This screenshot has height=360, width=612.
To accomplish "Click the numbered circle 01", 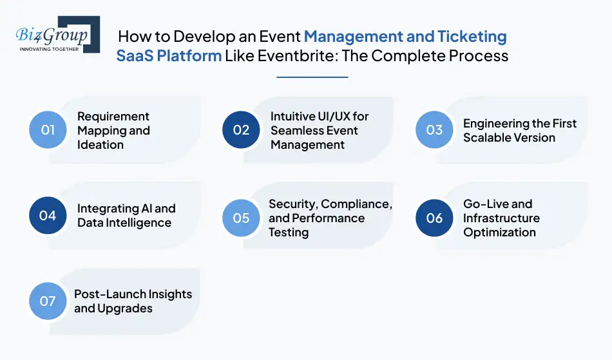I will tap(48, 129).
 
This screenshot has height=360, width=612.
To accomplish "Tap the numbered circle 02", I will tap(241, 129).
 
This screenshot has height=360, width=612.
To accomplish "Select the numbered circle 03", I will tap(434, 129).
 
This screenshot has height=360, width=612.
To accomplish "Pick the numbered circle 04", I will tap(48, 215).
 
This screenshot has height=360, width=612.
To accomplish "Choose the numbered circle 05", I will tap(241, 217).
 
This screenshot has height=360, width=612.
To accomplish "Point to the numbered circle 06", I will tap(434, 217).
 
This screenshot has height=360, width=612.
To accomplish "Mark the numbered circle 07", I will tap(48, 301).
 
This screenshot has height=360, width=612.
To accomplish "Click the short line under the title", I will tap(312, 77).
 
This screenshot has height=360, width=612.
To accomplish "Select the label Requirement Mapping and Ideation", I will tap(113, 130).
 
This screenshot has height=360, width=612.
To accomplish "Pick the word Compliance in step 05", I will tap(356, 204).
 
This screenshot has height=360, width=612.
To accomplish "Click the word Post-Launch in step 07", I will tap(106, 294).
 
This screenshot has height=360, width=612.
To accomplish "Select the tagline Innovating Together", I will tap(50, 48).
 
